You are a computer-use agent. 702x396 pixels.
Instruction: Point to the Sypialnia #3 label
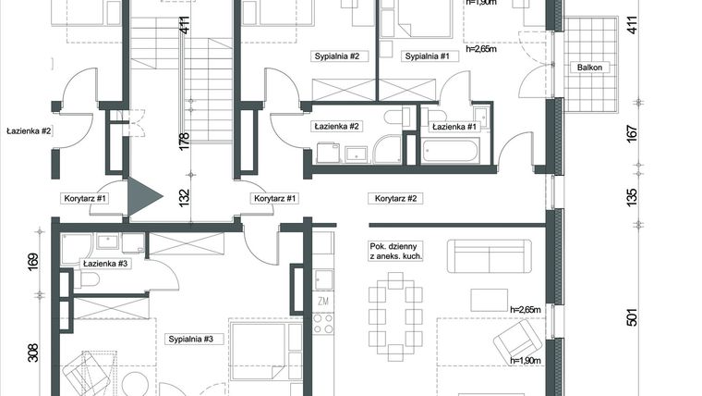tap(191, 340)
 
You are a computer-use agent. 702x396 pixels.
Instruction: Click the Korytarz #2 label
tap(395, 198)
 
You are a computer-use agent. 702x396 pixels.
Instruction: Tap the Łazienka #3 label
tap(104, 265)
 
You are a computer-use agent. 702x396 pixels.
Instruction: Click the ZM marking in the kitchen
tap(323, 301)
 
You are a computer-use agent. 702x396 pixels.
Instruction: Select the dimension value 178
tap(184, 141)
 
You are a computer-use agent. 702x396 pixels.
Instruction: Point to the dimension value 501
tap(633, 319)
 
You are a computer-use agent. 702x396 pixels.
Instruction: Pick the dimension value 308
tap(35, 352)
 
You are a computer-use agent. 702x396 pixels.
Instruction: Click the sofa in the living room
tap(488, 256)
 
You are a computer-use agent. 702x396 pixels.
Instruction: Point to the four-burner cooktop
tap(323, 323)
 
